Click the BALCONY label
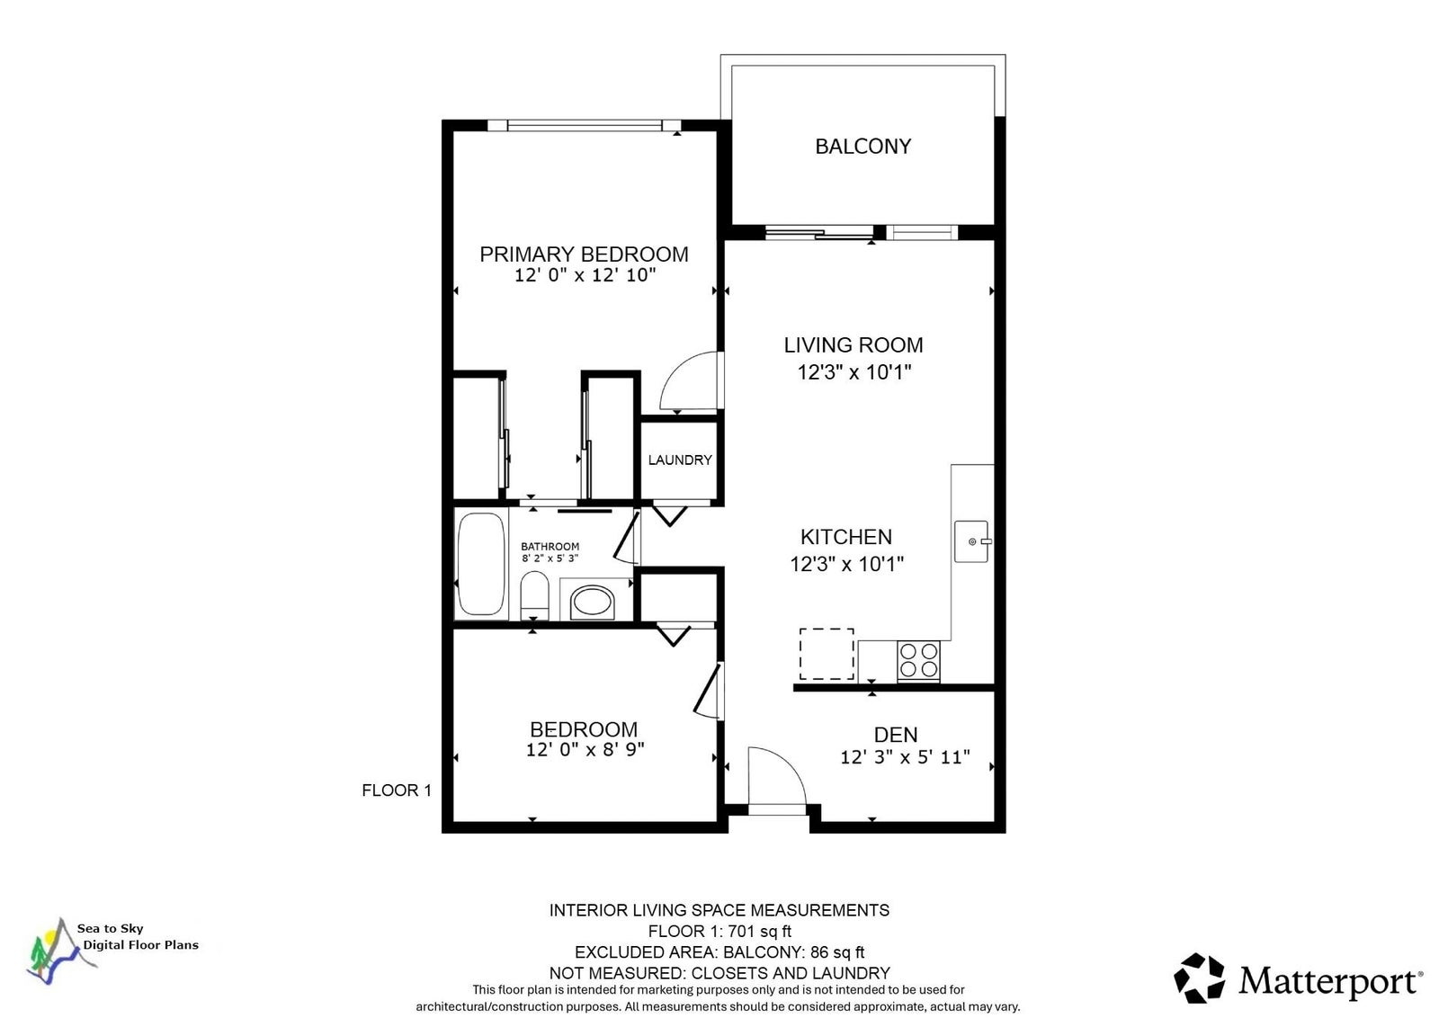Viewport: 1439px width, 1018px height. tap(863, 147)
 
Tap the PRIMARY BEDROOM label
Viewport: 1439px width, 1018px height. tap(584, 254)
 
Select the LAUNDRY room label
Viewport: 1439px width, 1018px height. tap(680, 460)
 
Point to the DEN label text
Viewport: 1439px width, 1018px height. tap(896, 734)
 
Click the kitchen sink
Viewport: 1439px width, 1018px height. tap(972, 541)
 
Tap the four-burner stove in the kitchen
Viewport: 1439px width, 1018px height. tap(918, 661)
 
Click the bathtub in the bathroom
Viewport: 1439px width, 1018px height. tap(481, 564)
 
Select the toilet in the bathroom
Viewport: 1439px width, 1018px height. tap(534, 595)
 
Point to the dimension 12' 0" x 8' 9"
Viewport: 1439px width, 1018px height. tap(585, 750)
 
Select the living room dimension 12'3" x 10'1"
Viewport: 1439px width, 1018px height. tap(854, 372)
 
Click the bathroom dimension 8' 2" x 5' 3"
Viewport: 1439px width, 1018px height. tap(550, 558)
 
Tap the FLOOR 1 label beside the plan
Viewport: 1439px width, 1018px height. tap(397, 790)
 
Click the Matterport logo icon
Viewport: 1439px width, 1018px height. tap(1200, 978)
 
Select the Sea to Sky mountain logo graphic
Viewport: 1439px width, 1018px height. tap(59, 951)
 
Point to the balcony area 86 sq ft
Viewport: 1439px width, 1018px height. tap(837, 952)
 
